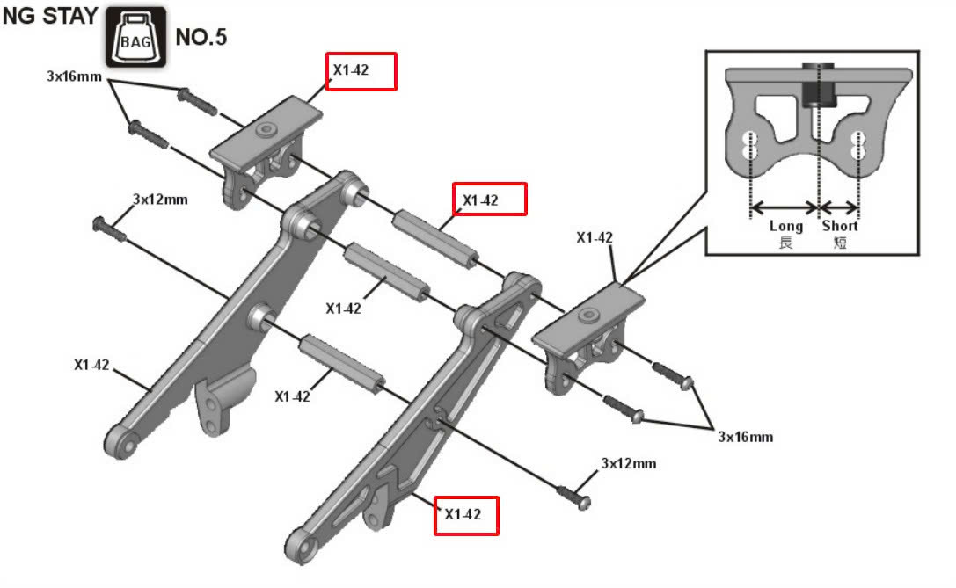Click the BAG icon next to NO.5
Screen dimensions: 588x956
(x=135, y=37)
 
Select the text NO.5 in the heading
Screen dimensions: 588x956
(x=201, y=38)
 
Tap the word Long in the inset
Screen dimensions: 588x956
(x=785, y=226)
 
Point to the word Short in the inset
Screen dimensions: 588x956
(x=840, y=226)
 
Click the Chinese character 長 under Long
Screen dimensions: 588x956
(x=785, y=242)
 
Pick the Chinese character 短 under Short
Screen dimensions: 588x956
(x=840, y=242)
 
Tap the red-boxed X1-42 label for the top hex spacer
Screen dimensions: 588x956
(x=488, y=200)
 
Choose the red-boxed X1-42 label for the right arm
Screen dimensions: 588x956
(x=466, y=515)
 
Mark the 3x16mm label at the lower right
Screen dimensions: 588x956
(x=746, y=437)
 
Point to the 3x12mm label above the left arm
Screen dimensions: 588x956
(x=160, y=200)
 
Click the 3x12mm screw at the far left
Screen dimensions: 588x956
(x=105, y=227)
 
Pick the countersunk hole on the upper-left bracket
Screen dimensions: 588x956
(x=264, y=130)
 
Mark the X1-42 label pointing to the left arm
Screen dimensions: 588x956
(x=91, y=364)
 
